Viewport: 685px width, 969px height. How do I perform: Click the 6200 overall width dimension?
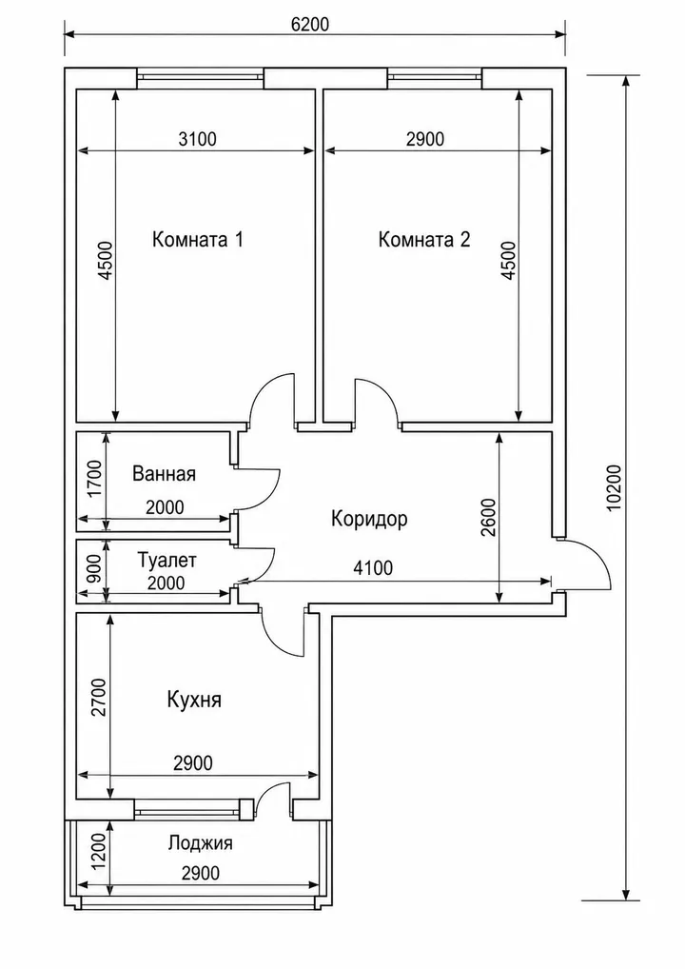[x=310, y=24]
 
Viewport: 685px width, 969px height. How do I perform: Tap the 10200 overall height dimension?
[x=614, y=487]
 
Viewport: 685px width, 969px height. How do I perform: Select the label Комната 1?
[x=198, y=239]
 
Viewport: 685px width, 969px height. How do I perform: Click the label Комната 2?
[x=424, y=239]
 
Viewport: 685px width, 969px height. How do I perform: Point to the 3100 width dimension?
[x=198, y=139]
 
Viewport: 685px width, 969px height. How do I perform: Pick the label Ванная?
[x=165, y=474]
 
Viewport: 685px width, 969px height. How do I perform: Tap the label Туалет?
[x=166, y=561]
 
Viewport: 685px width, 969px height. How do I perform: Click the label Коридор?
[x=369, y=519]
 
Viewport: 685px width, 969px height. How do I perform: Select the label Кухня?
[x=194, y=700]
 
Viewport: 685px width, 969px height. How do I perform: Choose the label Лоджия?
[x=200, y=843]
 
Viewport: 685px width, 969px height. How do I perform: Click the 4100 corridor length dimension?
[x=372, y=567]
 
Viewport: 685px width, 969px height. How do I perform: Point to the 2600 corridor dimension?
[x=488, y=517]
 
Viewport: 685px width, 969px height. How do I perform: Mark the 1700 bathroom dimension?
[x=94, y=479]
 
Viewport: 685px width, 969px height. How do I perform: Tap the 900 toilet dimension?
[x=94, y=570]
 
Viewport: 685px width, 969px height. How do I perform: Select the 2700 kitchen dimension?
[x=99, y=697]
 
